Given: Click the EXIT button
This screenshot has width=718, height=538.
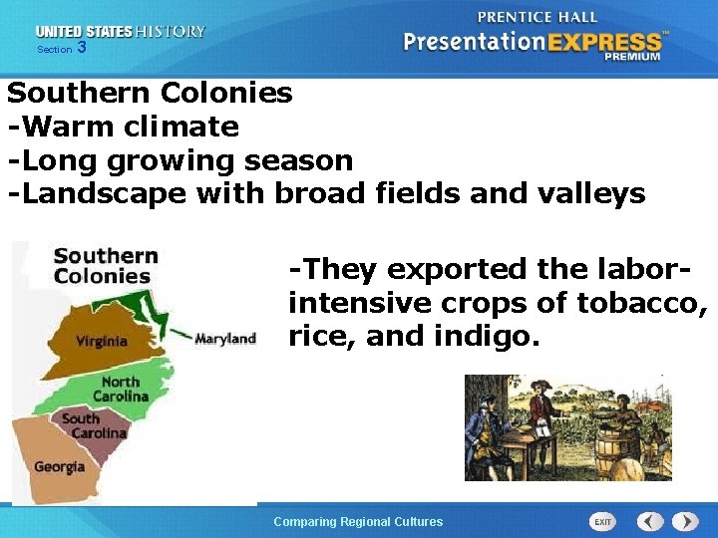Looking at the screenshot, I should click(x=603, y=521).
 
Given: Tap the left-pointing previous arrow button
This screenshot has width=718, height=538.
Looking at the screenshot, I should click(x=650, y=521).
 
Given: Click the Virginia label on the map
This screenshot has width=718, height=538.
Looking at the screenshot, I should click(x=102, y=341).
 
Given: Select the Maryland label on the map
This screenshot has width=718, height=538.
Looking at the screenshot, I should click(x=225, y=339).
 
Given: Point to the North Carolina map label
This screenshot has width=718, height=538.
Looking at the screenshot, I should click(x=120, y=389).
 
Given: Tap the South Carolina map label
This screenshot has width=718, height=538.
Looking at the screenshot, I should click(x=94, y=425).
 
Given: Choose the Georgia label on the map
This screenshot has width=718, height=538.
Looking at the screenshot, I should click(x=59, y=466).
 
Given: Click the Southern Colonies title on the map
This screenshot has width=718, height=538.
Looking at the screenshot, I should click(x=105, y=266).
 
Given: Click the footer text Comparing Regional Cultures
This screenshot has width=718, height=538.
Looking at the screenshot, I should click(x=358, y=521).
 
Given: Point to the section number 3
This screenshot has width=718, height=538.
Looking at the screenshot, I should click(x=81, y=48).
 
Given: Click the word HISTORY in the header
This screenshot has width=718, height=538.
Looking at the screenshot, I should click(x=172, y=32).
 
